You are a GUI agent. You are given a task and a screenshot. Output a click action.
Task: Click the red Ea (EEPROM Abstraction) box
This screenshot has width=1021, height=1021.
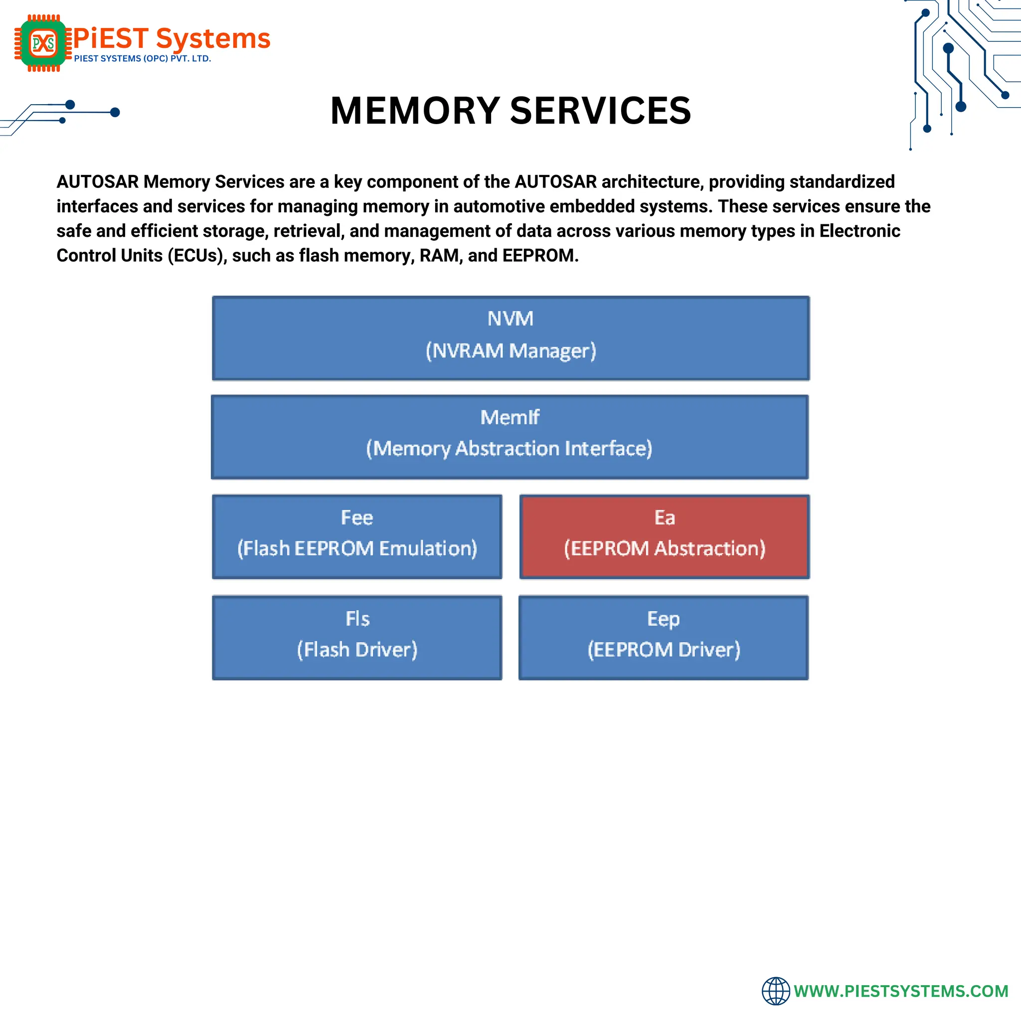pos(664,536)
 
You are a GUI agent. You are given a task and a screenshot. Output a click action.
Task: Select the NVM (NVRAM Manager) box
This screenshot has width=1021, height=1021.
pos(510,338)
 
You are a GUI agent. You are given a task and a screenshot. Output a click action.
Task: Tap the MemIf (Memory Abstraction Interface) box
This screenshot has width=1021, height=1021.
pos(510,437)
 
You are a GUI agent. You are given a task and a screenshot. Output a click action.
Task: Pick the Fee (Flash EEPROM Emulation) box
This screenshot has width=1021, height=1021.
pos(357,536)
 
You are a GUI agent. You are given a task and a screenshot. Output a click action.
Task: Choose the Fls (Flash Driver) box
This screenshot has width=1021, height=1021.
pos(357,637)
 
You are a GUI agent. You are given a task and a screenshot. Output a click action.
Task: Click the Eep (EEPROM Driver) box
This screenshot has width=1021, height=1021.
pos(663,637)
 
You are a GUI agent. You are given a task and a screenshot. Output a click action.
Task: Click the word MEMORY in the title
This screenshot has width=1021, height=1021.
pos(415,111)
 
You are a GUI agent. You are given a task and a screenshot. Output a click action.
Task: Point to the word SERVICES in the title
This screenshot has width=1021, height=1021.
pos(600,111)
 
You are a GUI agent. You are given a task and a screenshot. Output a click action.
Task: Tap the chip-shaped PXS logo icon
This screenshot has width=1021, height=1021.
pos(43,43)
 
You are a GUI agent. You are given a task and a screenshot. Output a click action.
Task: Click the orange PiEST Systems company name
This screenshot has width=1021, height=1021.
pos(172,38)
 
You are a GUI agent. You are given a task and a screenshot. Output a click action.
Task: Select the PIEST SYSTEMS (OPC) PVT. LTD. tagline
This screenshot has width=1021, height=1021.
pos(142,59)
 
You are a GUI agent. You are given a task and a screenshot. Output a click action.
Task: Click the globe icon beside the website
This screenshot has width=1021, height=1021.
pos(775,991)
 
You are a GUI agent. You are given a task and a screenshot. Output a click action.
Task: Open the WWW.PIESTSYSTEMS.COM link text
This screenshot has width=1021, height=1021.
pos(900,991)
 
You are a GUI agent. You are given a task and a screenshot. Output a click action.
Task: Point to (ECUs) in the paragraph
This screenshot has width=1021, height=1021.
pos(197,256)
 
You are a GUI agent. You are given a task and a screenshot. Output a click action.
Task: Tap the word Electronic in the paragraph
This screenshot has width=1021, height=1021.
pos(859,231)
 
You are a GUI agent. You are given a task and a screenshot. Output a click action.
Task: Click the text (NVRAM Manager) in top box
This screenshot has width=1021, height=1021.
pos(510,351)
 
